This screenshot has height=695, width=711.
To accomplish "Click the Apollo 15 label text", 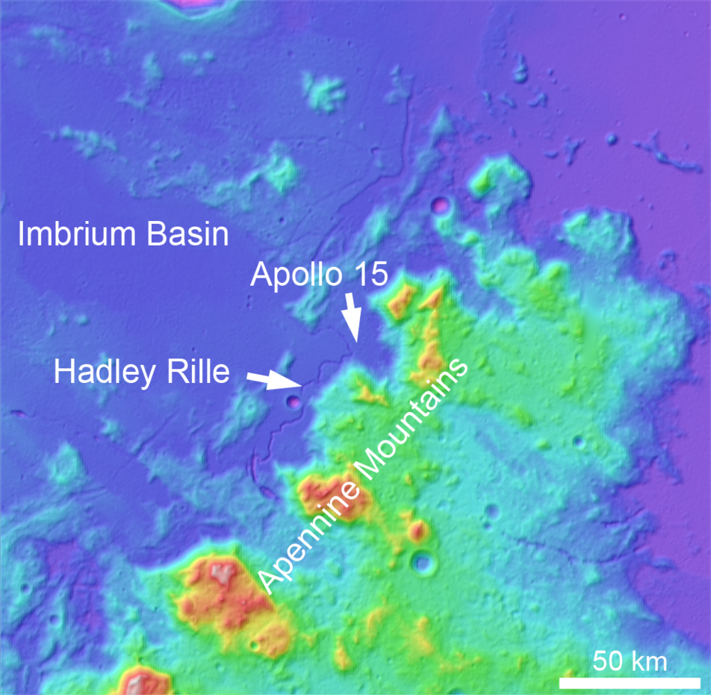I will pos(319,275).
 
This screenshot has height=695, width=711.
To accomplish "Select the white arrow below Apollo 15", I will pos(352,317).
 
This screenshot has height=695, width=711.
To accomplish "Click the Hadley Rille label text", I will pos(141,371).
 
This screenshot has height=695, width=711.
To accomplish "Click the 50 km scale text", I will pos(630,660).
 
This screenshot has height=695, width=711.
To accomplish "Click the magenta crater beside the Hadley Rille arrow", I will pos(294,402).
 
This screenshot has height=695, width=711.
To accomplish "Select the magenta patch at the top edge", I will pos(198,4).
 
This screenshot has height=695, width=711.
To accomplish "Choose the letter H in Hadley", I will pos(63,371).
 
